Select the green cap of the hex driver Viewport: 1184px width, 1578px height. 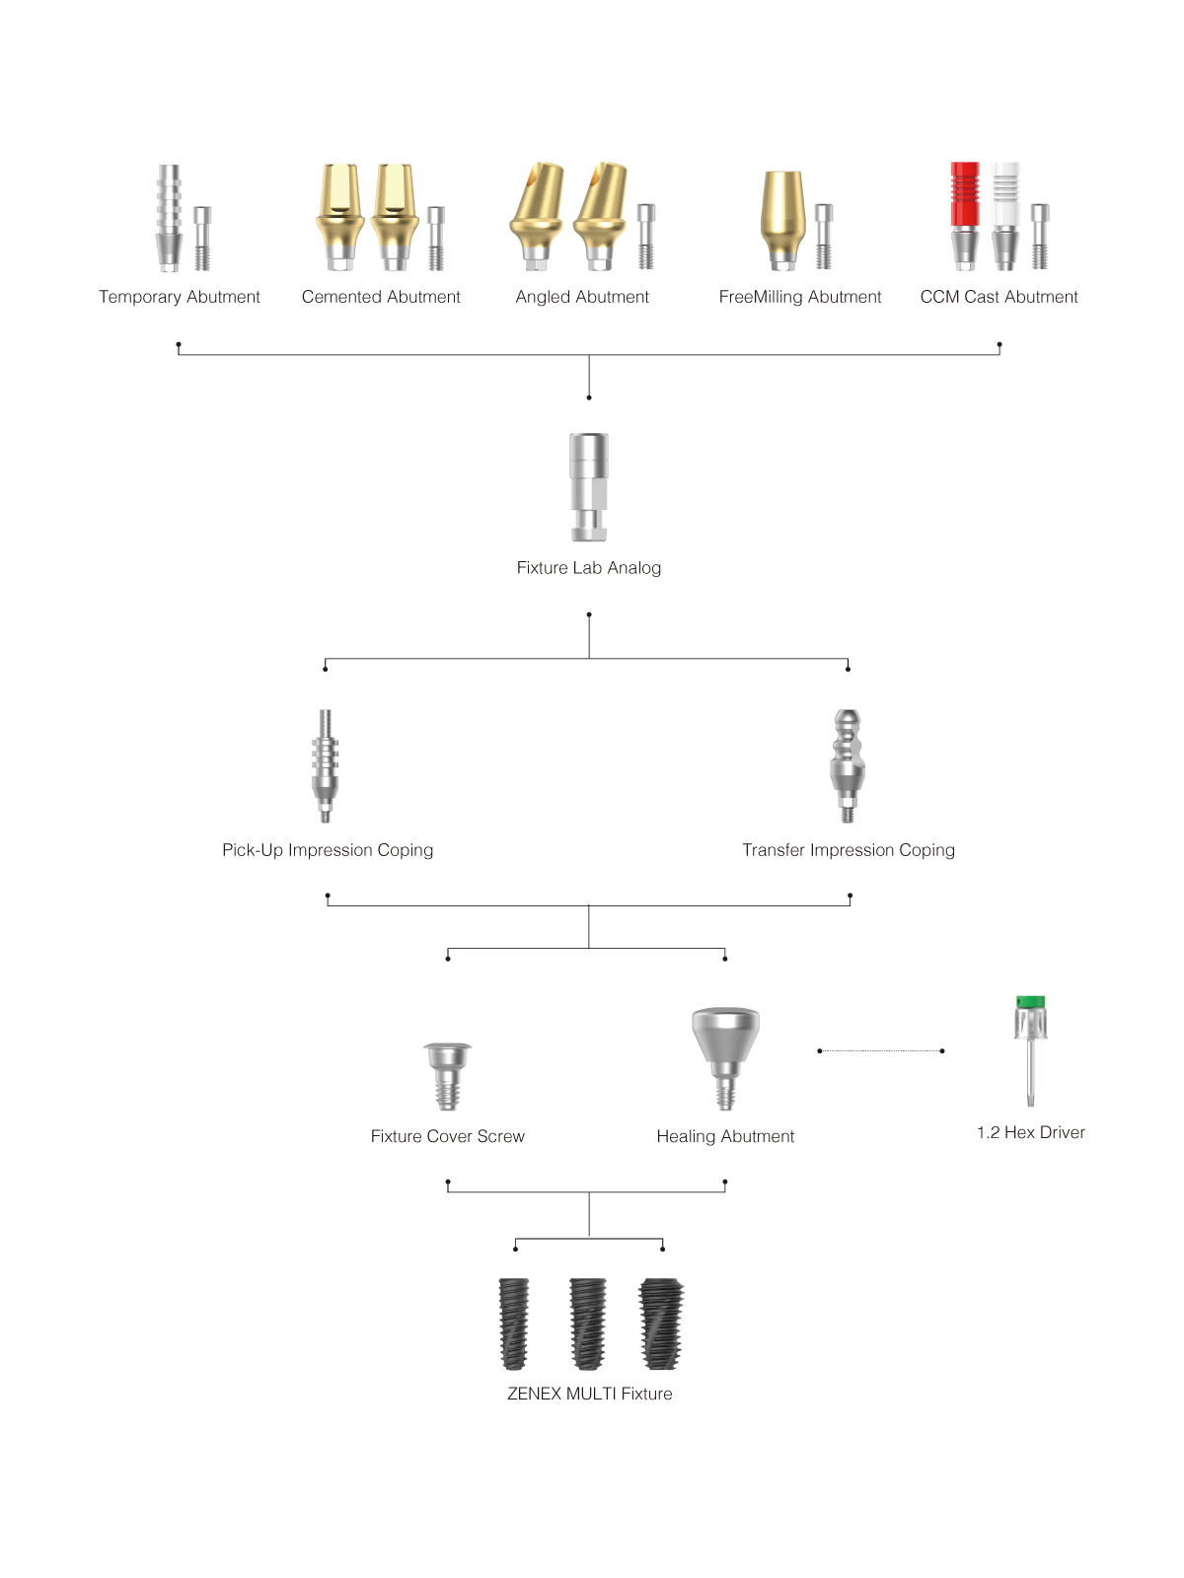[1030, 1002]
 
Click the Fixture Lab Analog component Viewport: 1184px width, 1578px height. [589, 486]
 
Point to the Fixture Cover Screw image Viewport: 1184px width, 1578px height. [447, 1076]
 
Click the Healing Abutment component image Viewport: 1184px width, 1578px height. [725, 1058]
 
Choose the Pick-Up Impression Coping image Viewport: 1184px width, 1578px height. [325, 765]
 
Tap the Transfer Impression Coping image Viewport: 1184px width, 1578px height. [848, 765]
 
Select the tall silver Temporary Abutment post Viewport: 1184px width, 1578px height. [169, 219]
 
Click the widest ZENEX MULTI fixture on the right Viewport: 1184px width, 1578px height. [661, 1324]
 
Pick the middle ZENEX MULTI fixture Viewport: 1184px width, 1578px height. [588, 1324]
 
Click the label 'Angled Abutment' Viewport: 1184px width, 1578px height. [582, 297]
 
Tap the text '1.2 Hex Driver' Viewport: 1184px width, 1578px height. [1031, 1132]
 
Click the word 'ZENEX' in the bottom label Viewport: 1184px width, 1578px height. [534, 1394]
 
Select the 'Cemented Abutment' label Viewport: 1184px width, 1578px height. [381, 297]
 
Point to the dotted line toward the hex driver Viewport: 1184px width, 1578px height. [881, 1051]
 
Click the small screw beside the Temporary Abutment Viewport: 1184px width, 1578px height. [202, 239]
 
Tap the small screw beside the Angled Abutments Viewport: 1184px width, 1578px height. [646, 237]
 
